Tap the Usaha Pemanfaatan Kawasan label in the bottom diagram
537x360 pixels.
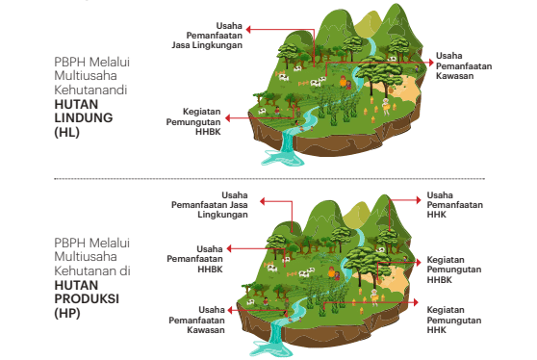pos(196,319)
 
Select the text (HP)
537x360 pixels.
pos(67,313)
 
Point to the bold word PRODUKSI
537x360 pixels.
pos(87,299)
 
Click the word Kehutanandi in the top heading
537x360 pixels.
pos(91,89)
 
